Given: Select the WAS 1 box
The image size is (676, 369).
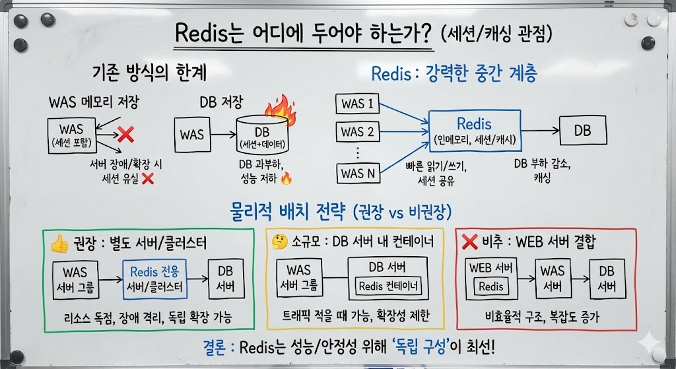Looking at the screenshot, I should (357, 103).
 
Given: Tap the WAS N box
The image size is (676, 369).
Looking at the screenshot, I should (357, 174).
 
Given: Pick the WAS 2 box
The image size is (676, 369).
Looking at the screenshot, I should (357, 131).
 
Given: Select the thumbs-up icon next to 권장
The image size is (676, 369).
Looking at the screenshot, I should (59, 244).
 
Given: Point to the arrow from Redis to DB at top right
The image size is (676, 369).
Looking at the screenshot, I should (539, 131).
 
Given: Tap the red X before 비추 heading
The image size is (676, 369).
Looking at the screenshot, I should (470, 242).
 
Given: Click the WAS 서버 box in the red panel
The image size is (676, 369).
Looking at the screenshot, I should (552, 278).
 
